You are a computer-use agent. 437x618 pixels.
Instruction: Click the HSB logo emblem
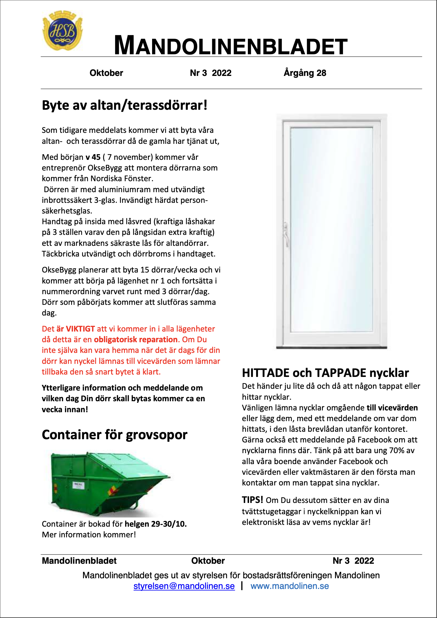(x=63, y=31)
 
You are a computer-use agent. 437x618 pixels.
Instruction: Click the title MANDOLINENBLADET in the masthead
(x=231, y=46)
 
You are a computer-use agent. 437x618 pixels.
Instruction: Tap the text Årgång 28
(x=305, y=73)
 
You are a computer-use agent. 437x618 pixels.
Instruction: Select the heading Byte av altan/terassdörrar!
(x=125, y=106)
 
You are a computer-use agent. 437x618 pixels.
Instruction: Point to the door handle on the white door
(x=286, y=234)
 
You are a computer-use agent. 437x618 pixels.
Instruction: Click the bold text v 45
(x=93, y=157)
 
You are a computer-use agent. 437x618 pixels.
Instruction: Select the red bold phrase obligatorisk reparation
(x=136, y=340)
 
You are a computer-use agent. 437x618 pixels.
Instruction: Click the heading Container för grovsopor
(x=114, y=435)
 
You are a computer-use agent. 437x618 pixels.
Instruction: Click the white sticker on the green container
(x=79, y=485)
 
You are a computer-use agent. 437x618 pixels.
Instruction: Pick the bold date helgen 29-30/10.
(x=156, y=524)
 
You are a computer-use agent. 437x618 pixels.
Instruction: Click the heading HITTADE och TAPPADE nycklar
(x=325, y=373)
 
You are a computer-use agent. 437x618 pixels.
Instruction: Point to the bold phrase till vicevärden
(x=392, y=408)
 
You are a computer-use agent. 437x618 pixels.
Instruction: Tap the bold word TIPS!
(x=252, y=500)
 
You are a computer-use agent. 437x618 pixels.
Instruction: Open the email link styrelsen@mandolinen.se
(x=184, y=586)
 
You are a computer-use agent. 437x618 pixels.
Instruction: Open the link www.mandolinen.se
(x=290, y=586)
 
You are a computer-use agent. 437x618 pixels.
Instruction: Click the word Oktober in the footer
(x=208, y=561)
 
